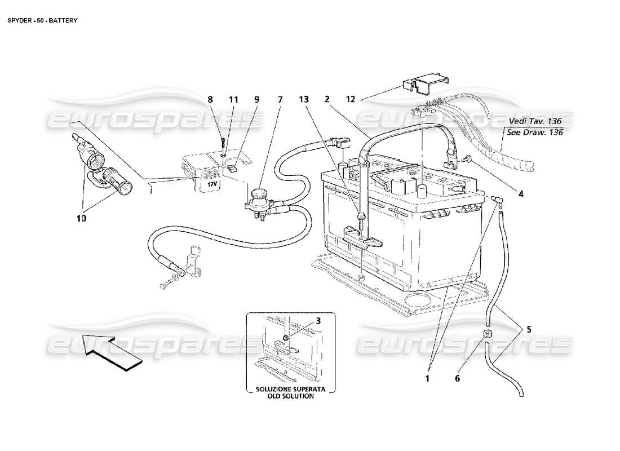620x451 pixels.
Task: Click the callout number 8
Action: coord(210,99)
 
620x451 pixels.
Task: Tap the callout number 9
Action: coord(256,99)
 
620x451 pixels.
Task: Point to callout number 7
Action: coord(280,99)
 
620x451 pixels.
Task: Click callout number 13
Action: coord(304,99)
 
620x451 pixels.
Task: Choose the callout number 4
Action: coord(521,194)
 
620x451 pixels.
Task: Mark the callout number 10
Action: coord(82,219)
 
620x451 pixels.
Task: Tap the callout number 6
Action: coord(457,379)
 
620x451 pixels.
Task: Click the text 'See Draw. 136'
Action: coord(535,132)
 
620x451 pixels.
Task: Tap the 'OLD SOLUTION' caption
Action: coord(291,396)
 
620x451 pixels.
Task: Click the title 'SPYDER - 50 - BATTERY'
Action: coord(42,20)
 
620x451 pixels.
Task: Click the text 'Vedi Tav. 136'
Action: coord(535,121)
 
